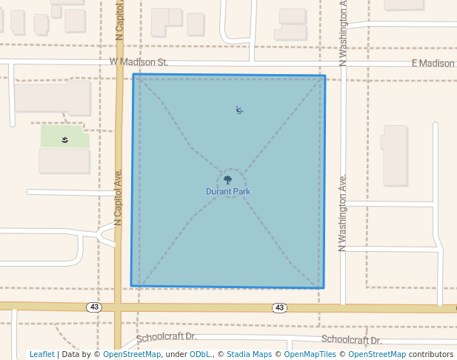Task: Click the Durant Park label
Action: click(x=228, y=191)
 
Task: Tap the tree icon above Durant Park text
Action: click(x=227, y=179)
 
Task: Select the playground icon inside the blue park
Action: click(x=240, y=110)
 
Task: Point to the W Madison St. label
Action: click(x=139, y=62)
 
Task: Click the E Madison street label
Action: click(x=433, y=64)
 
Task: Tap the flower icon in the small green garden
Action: click(x=65, y=139)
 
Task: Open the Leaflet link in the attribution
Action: click(x=41, y=354)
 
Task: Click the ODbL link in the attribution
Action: click(x=201, y=354)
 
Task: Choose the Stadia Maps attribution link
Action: click(x=249, y=354)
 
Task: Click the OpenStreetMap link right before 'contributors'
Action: click(x=377, y=354)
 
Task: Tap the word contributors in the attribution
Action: click(x=431, y=354)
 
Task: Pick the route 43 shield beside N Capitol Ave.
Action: click(x=93, y=307)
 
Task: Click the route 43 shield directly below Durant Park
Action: click(x=279, y=307)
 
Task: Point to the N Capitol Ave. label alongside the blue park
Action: click(x=119, y=196)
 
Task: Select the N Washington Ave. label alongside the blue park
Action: click(x=343, y=213)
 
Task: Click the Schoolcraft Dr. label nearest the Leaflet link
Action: click(x=167, y=337)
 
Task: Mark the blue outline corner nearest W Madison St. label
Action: click(x=134, y=75)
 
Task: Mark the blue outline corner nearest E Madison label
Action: click(x=325, y=76)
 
